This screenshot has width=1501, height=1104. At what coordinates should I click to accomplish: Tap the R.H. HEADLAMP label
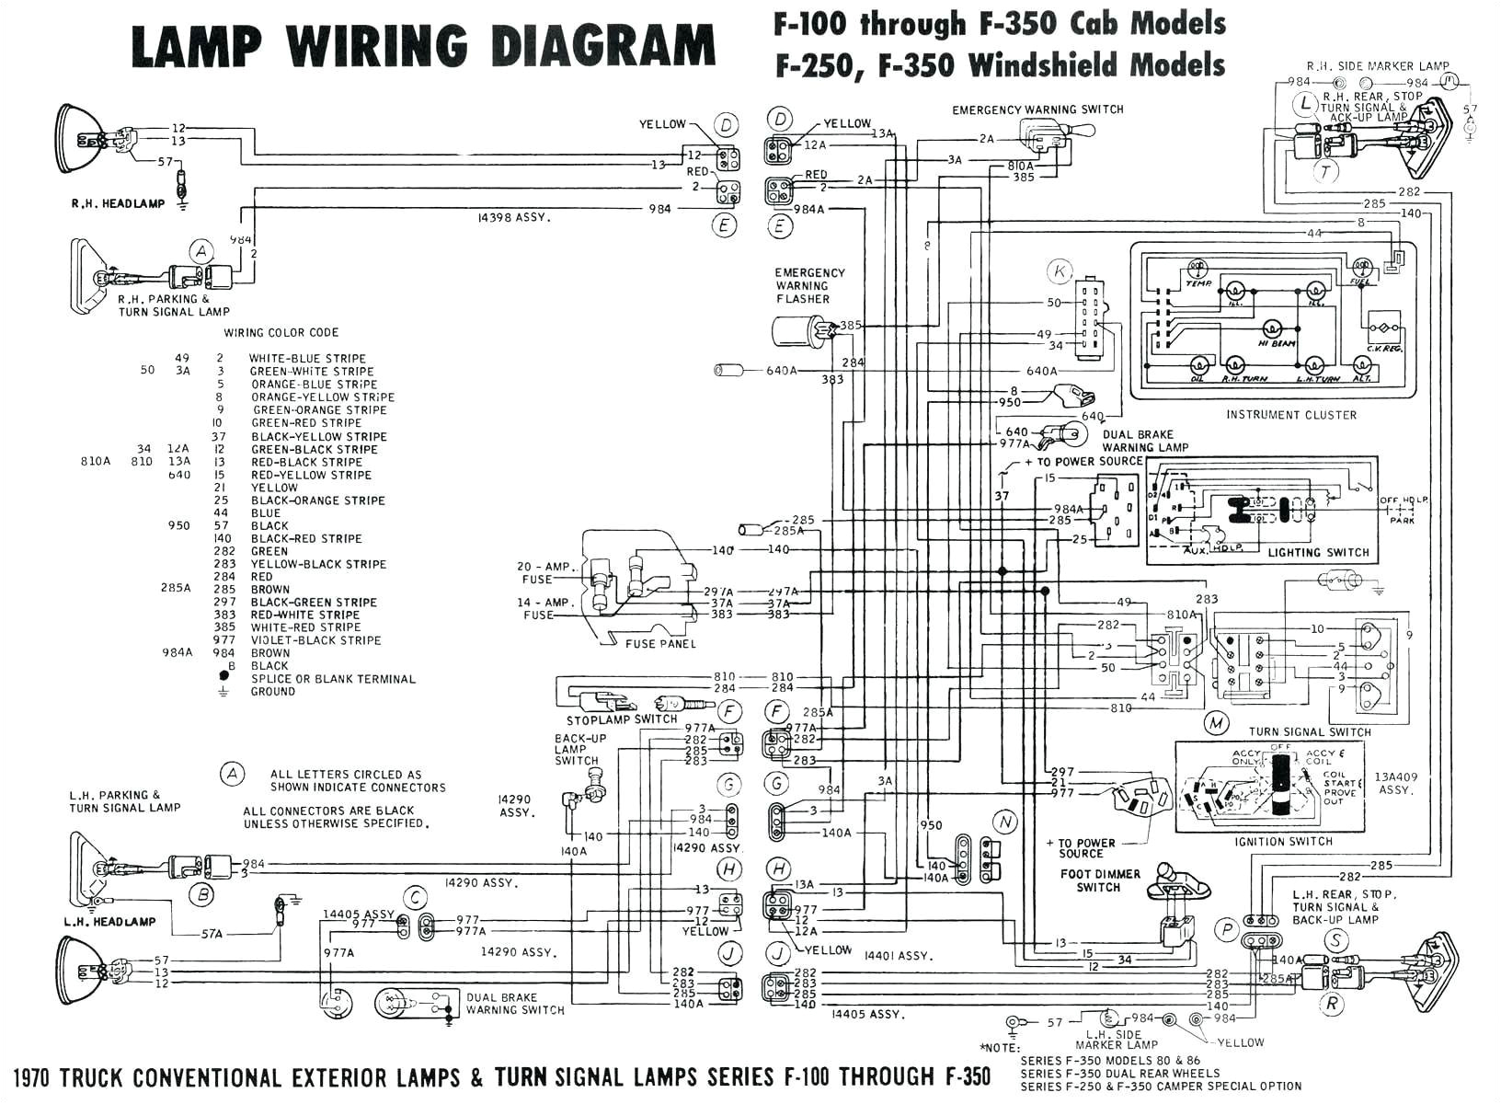pyautogui.click(x=118, y=204)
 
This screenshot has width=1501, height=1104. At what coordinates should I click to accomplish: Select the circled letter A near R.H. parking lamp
pyautogui.click(x=201, y=251)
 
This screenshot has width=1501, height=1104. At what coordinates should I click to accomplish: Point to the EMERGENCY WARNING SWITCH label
pyautogui.click(x=1037, y=109)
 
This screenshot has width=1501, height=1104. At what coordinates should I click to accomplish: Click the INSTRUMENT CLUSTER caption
pyautogui.click(x=1290, y=415)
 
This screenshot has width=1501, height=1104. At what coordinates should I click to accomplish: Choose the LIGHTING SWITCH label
pyautogui.click(x=1318, y=552)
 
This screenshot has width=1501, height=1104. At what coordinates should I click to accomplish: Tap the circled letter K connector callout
pyautogui.click(x=1060, y=271)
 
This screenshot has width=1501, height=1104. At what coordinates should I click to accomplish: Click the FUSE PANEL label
pyautogui.click(x=660, y=644)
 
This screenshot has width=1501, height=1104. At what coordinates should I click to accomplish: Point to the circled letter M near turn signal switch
pyautogui.click(x=1217, y=723)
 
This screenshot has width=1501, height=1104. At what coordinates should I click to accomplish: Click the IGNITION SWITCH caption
pyautogui.click(x=1284, y=841)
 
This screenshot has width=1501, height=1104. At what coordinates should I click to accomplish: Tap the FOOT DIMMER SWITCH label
pyautogui.click(x=1099, y=880)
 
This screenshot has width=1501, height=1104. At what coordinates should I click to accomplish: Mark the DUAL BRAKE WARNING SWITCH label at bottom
pyautogui.click(x=515, y=1003)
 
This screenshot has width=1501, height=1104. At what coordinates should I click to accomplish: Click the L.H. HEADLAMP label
pyautogui.click(x=109, y=921)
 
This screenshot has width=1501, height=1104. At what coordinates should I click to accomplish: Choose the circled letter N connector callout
pyautogui.click(x=1005, y=822)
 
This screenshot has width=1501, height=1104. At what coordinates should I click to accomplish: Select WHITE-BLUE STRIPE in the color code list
pyautogui.click(x=307, y=358)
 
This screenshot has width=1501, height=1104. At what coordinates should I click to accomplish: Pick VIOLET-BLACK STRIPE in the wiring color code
pyautogui.click(x=315, y=640)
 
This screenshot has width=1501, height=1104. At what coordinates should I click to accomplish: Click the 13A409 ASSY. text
pyautogui.click(x=1396, y=783)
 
